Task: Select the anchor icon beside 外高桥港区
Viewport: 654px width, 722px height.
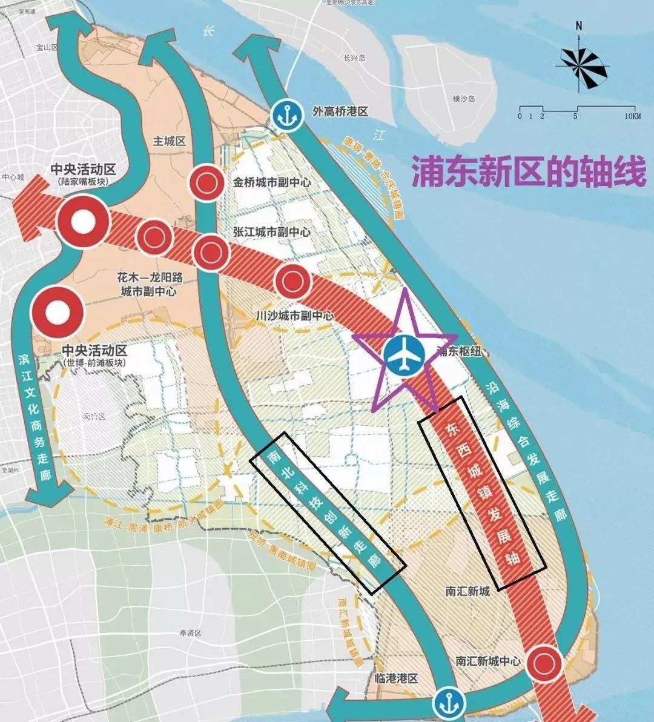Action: coord(286,114)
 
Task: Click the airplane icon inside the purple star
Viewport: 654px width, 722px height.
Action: coord(403,356)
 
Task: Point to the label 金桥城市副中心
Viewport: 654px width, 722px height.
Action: coord(272,182)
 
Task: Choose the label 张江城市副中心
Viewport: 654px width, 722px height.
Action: coord(272,232)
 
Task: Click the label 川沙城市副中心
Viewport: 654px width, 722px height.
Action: coord(295,316)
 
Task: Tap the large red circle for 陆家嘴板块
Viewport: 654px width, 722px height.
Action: coord(84,222)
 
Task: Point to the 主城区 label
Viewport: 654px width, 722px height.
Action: coord(169,141)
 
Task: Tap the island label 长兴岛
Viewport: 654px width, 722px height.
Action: coord(355,58)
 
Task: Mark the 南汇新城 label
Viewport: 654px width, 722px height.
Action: coord(467,591)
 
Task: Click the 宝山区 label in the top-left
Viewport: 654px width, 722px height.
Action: coord(46,47)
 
